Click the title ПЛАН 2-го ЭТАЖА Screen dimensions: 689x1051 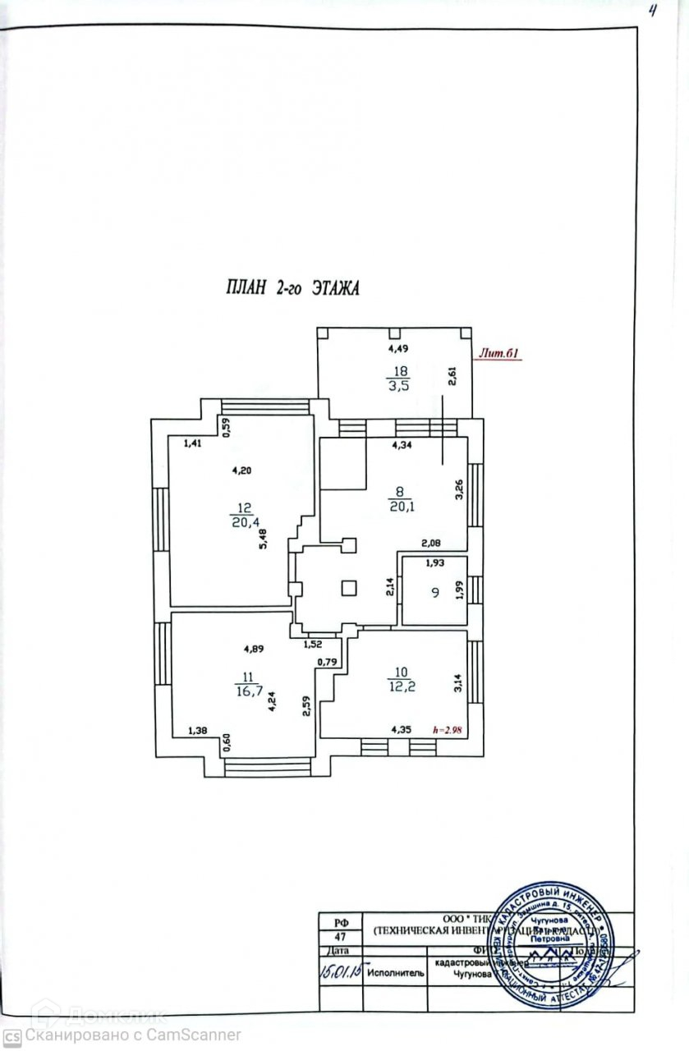coord(293,287)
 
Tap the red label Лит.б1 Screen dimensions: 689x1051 coord(498,354)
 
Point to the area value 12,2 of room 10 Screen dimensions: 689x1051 coord(401,686)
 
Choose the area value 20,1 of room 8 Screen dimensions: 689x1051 coord(400,506)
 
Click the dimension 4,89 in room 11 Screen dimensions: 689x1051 coord(255,649)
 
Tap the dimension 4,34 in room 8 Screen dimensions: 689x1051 coord(402,446)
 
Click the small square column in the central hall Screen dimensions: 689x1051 coord(349,588)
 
